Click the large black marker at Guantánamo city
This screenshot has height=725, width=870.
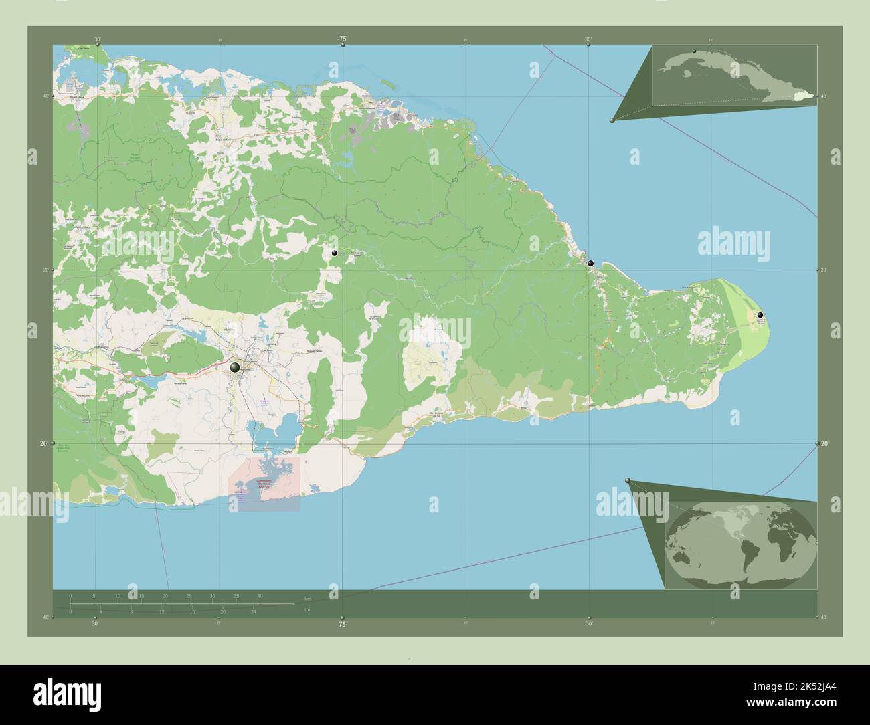coord(235,367)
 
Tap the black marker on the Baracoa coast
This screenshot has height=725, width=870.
coord(590,264)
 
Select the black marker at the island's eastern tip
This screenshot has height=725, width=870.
coord(760,314)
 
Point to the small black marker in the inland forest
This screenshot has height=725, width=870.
coord(333,253)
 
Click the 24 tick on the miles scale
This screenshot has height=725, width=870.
coord(253,611)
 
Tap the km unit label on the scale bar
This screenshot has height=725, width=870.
coord(307,599)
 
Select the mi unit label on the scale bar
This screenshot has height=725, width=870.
coord(307,609)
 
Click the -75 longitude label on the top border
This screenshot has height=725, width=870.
coord(342,39)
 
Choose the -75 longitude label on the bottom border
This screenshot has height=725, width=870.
coord(341,624)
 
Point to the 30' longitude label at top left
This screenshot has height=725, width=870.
coord(98,39)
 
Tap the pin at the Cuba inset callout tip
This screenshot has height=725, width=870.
coord(612,120)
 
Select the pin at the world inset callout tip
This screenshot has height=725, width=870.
coord(627,480)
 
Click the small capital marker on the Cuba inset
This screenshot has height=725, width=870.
coord(695,51)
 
